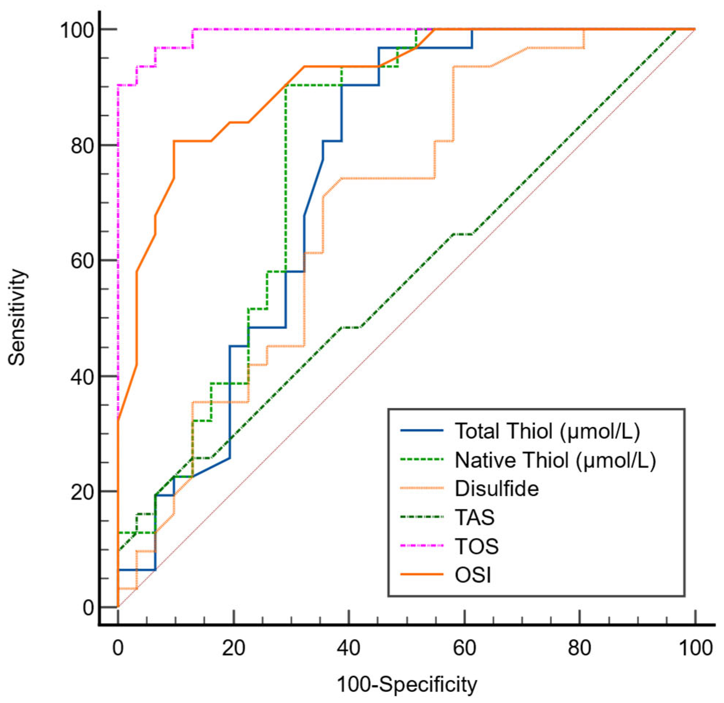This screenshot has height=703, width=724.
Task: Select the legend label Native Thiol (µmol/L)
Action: (555, 460)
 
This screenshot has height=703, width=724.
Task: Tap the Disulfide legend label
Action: (497, 488)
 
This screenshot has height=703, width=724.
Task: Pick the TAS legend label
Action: (475, 517)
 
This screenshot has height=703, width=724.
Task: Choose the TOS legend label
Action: (477, 546)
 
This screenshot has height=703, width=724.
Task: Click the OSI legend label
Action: (473, 575)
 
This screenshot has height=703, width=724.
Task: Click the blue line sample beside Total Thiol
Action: (422, 431)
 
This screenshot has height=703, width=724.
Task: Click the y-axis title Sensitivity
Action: (17, 318)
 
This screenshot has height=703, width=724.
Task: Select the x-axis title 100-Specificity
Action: (407, 685)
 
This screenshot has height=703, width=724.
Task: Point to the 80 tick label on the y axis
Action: (82, 145)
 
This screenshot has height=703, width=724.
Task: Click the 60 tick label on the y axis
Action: (82, 260)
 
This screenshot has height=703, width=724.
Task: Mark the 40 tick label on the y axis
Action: (82, 376)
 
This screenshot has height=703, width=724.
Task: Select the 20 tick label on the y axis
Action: (82, 492)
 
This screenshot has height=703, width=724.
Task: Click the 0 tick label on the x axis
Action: (118, 648)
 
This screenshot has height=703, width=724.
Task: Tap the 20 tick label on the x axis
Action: (234, 648)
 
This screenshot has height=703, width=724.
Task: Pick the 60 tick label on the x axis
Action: (464, 648)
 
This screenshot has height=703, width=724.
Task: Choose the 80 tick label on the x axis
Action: (579, 648)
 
